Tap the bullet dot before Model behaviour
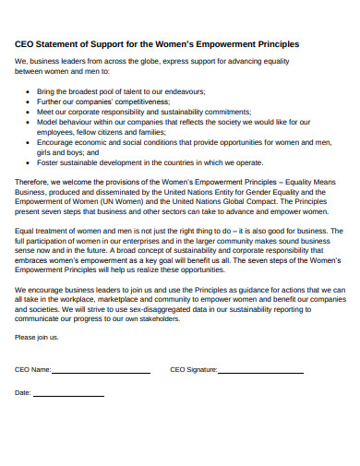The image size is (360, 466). tap(30, 120)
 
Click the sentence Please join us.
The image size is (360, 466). tap(37, 338)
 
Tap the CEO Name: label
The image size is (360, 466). tap(33, 369)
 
